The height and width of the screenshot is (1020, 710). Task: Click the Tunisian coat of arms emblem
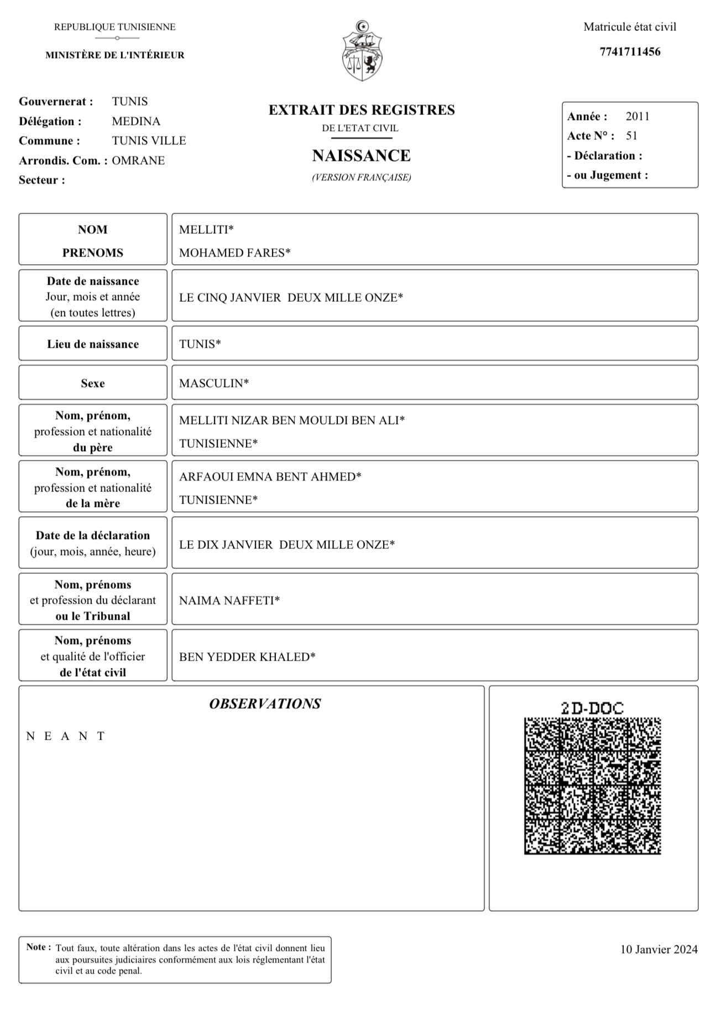click(x=362, y=51)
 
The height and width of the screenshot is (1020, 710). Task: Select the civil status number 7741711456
click(x=630, y=52)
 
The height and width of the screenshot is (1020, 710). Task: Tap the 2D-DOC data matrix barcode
click(x=592, y=786)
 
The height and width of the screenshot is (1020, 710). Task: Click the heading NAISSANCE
click(x=361, y=156)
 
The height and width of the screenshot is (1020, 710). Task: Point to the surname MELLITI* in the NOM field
click(x=206, y=230)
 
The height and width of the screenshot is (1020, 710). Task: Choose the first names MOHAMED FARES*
click(x=234, y=253)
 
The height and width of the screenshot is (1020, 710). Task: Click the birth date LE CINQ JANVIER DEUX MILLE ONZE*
click(x=291, y=298)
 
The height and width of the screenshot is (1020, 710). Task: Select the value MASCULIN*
click(x=213, y=384)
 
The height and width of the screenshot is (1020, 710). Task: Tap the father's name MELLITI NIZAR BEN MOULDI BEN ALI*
click(x=291, y=421)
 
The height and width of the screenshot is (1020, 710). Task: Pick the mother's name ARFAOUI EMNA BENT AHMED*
click(x=270, y=477)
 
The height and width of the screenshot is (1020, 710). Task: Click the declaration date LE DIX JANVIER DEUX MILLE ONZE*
click(x=286, y=545)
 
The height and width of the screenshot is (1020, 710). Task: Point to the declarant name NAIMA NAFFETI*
click(x=229, y=601)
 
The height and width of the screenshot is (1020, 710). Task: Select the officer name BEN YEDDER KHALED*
click(x=247, y=657)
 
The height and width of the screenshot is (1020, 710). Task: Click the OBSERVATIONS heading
click(x=265, y=704)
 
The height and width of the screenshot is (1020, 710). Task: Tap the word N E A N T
click(x=66, y=736)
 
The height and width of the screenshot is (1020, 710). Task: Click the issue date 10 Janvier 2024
click(x=659, y=950)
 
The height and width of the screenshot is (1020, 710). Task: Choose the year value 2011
click(x=638, y=117)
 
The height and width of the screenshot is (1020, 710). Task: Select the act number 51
click(x=631, y=136)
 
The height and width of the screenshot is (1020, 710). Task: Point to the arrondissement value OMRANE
click(x=138, y=161)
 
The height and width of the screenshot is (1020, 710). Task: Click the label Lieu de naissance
click(x=93, y=344)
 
